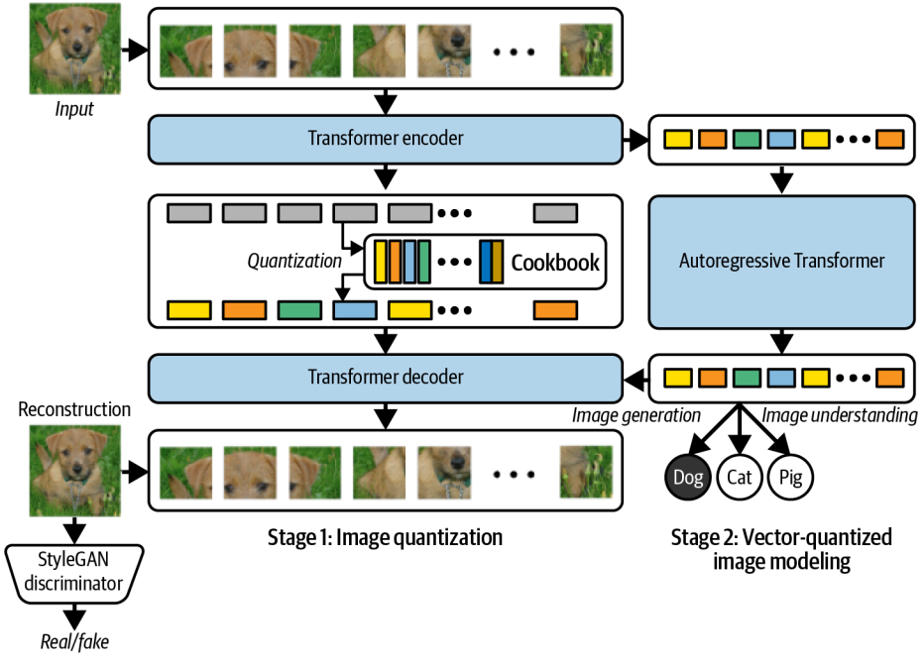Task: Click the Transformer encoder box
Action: [x=385, y=139]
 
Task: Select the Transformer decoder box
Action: [x=385, y=377]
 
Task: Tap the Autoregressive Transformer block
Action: [x=781, y=262]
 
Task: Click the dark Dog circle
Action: [x=686, y=478]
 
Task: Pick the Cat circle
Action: [x=740, y=478]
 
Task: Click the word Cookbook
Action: [x=555, y=263]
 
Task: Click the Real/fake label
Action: [x=74, y=641]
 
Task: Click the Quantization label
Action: [x=293, y=263]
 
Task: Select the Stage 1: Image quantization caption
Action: [x=385, y=538]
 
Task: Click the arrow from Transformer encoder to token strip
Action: [x=635, y=139]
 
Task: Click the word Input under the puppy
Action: [x=74, y=109]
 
